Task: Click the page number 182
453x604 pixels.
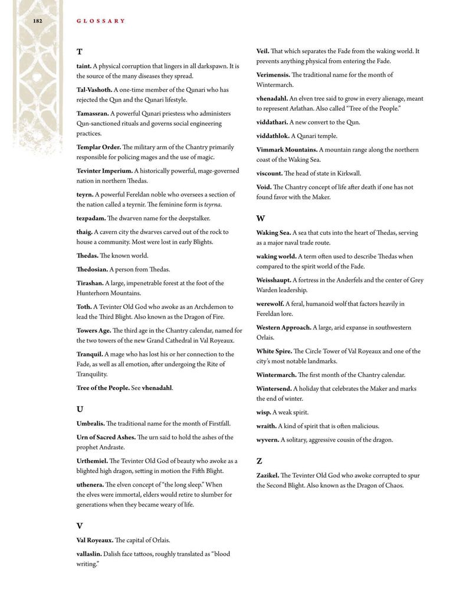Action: click(x=37, y=21)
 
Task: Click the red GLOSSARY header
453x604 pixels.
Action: click(x=101, y=21)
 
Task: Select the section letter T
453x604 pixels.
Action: click(x=80, y=52)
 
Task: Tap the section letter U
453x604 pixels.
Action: click(x=80, y=409)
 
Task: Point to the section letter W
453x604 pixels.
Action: click(x=261, y=218)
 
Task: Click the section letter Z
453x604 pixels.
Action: click(x=260, y=461)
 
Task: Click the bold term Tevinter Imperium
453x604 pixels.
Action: click(x=104, y=170)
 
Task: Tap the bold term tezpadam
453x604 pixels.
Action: click(x=91, y=218)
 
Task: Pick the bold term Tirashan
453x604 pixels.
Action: click(x=90, y=283)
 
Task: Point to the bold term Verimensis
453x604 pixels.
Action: click(x=273, y=75)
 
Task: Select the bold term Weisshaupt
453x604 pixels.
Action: click(x=274, y=280)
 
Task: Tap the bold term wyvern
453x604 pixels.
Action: click(x=268, y=439)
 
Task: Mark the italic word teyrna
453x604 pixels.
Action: click(x=212, y=205)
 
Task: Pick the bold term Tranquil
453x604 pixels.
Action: click(x=90, y=354)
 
